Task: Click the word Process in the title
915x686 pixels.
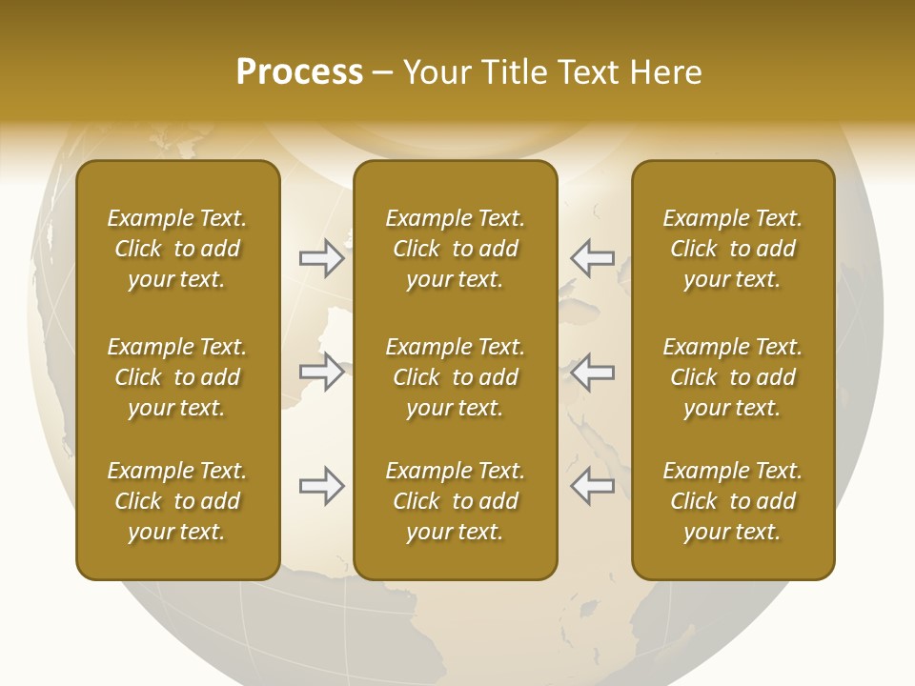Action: tap(299, 72)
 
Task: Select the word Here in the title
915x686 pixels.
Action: tap(665, 72)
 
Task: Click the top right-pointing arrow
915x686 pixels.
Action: tap(321, 258)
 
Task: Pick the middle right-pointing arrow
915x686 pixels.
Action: tap(321, 372)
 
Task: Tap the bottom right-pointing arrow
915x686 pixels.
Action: tap(321, 486)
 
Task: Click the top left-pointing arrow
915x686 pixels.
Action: tap(592, 258)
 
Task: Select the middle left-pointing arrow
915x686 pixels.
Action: tap(592, 372)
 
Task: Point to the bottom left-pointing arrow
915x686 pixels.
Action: tap(592, 486)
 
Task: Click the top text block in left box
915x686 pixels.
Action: tap(177, 249)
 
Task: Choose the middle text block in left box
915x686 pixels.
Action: tap(177, 377)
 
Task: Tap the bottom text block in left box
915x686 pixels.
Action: tap(177, 501)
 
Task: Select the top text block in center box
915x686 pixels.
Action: tap(455, 249)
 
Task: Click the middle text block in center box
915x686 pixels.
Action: tap(455, 377)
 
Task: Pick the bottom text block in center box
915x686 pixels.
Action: tap(455, 501)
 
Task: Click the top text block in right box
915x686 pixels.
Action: tap(732, 249)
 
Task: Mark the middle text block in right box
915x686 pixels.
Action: tap(732, 377)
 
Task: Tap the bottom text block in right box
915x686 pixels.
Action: tap(732, 501)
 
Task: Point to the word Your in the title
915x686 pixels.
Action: tap(437, 72)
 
